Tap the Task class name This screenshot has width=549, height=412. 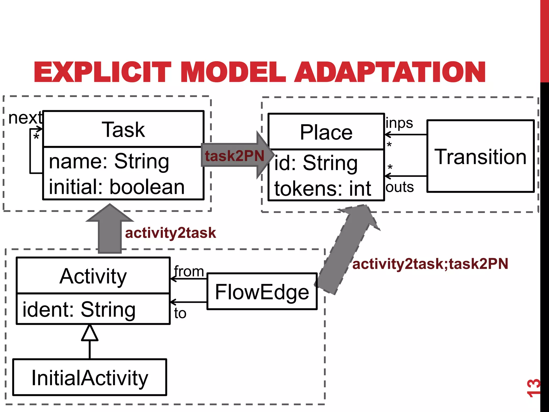(123, 130)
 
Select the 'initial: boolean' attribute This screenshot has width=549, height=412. (117, 187)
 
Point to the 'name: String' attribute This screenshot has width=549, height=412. (109, 161)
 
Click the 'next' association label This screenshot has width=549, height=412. (25, 118)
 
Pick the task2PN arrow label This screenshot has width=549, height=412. (234, 156)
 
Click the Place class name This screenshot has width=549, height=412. (326, 132)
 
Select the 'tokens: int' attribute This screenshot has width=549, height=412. (322, 189)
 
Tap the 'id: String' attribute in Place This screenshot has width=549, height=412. (316, 163)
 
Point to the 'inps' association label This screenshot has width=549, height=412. (399, 123)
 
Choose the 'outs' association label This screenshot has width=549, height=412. (400, 187)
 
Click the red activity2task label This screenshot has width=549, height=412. (170, 233)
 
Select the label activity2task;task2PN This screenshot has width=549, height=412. (430, 264)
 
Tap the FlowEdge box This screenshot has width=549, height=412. (262, 292)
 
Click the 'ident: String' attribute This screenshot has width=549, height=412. (79, 310)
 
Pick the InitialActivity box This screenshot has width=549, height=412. (90, 378)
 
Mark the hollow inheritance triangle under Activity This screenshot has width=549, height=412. (90, 333)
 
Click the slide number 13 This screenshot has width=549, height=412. (533, 388)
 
